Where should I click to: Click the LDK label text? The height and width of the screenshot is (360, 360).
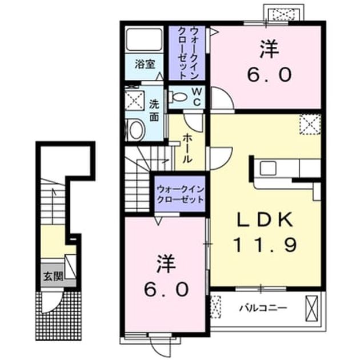tap(265, 220)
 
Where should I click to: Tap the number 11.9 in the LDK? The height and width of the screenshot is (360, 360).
tap(265, 245)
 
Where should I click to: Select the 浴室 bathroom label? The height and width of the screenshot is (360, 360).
tap(145, 64)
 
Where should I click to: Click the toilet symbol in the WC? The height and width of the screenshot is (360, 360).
tap(178, 97)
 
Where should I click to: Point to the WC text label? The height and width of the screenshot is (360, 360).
tap(197, 97)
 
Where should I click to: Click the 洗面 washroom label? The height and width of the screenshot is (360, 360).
tap(154, 110)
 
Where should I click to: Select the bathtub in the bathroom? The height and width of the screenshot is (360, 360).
tap(144, 39)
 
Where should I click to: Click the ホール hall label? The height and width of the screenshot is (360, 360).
tap(187, 149)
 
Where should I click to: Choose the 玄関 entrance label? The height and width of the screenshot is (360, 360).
tap(53, 276)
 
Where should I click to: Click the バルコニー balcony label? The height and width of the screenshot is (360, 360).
tap(263, 307)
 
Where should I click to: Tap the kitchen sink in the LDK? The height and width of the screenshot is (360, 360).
tap(267, 168)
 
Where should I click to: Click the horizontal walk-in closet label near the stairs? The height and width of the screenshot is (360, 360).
tap(180, 194)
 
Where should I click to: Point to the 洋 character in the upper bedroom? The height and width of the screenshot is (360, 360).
tap(269, 49)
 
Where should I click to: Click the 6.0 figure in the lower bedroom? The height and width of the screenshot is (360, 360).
tap(166, 290)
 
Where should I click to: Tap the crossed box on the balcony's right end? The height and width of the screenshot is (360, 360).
tap(312, 309)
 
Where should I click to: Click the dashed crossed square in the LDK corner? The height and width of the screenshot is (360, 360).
tap(310, 125)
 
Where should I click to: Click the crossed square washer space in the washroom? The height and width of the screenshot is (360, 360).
tap(134, 101)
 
